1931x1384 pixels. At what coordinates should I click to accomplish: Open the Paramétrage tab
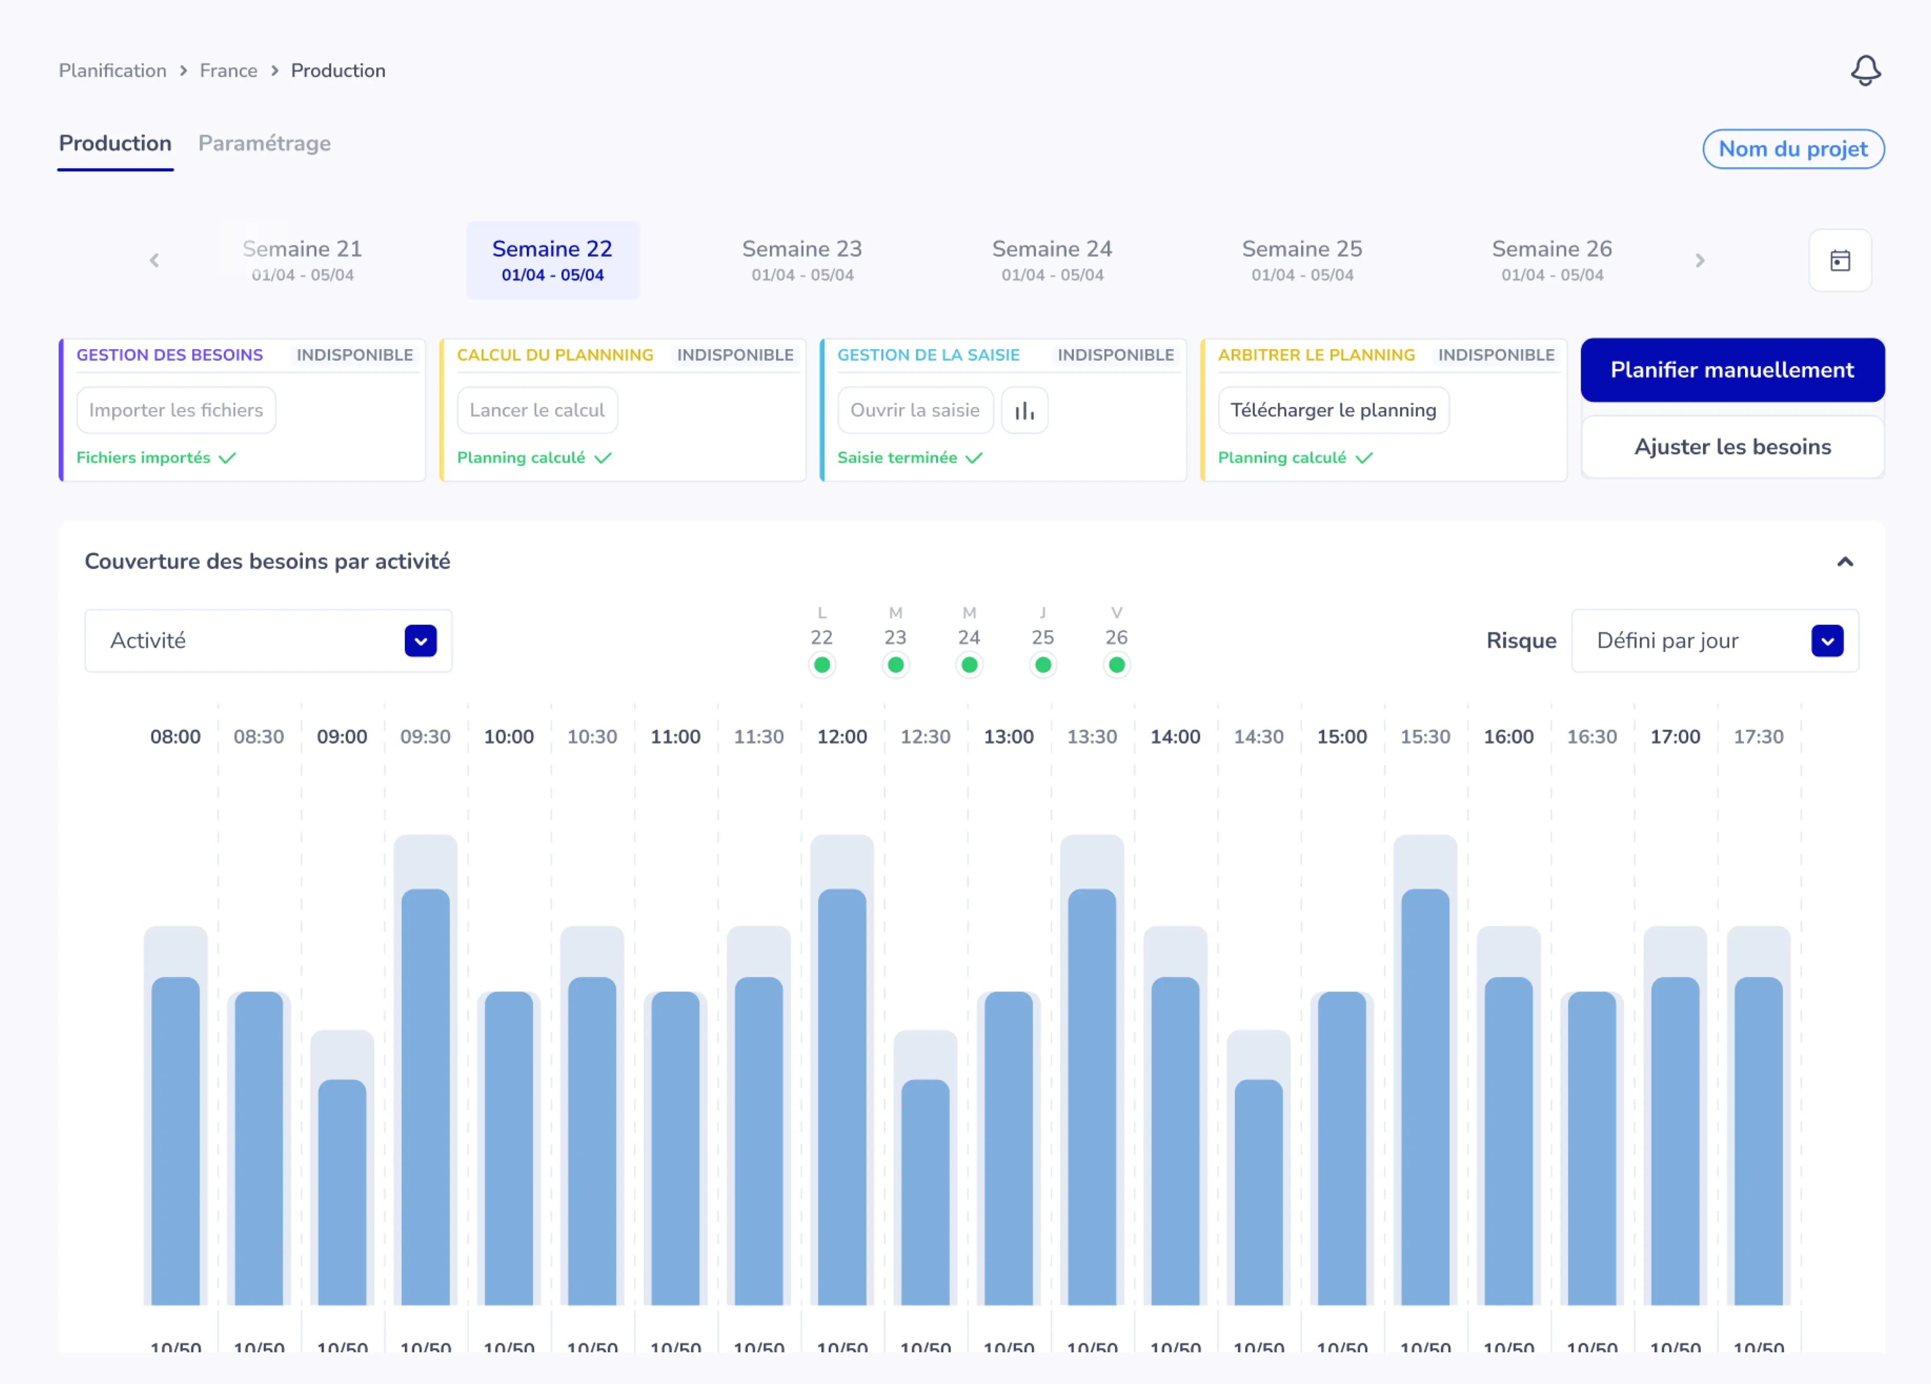click(x=264, y=143)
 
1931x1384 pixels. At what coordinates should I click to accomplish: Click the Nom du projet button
click(x=1792, y=149)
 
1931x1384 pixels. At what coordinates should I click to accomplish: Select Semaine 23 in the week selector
click(x=801, y=259)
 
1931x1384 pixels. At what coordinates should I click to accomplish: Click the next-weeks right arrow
click(x=1699, y=260)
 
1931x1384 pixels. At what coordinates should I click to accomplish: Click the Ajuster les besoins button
click(x=1732, y=447)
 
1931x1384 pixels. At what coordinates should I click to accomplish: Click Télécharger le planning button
click(x=1333, y=410)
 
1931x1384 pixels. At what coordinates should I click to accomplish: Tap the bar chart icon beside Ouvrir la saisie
click(x=1024, y=410)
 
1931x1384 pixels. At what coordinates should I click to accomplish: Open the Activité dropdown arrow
click(x=420, y=641)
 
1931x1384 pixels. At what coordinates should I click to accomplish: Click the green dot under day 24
click(x=969, y=665)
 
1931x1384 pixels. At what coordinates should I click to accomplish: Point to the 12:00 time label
click(x=841, y=736)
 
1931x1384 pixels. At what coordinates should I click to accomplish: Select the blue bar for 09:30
click(x=425, y=1098)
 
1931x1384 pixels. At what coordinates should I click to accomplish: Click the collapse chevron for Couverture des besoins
click(x=1844, y=562)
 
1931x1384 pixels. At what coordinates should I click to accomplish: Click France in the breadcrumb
click(x=228, y=70)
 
